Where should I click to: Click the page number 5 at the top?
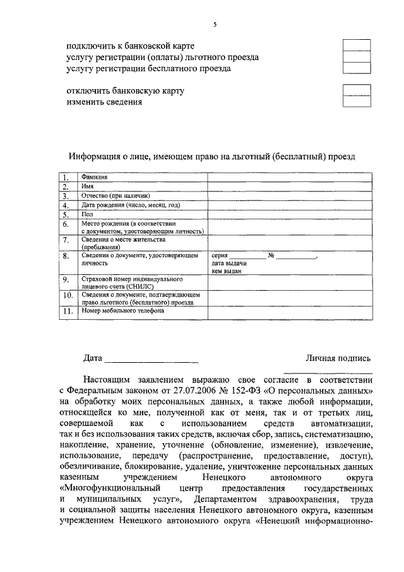[x=215, y=24]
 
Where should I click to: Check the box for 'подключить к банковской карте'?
[x=356, y=46]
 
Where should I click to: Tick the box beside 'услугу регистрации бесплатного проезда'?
[x=356, y=68]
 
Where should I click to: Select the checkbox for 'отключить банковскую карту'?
[x=356, y=90]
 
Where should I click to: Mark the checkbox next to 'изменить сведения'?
[x=356, y=102]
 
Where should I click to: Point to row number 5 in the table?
[x=66, y=215]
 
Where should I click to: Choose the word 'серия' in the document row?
[x=220, y=256]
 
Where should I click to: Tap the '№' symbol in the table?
[x=271, y=256]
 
